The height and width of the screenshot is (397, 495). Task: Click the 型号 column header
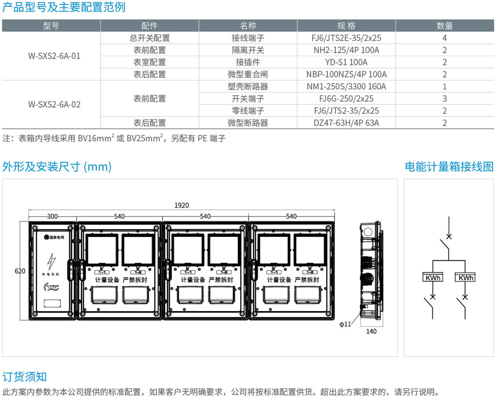pyautogui.click(x=51, y=26)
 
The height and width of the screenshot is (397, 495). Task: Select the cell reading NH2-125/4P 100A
pyautogui.click(x=346, y=50)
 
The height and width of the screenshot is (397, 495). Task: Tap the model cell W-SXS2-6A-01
pyautogui.click(x=54, y=56)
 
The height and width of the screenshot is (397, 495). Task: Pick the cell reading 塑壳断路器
pyautogui.click(x=247, y=86)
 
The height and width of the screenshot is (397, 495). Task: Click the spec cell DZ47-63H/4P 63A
pyautogui.click(x=346, y=123)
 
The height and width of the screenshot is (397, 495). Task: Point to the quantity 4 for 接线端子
pyautogui.click(x=444, y=38)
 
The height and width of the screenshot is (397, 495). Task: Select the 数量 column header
pyautogui.click(x=444, y=26)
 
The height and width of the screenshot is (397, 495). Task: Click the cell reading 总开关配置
pyautogui.click(x=149, y=38)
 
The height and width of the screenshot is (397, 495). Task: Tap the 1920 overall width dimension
pyautogui.click(x=181, y=205)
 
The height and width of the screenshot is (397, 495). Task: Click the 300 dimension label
pyautogui.click(x=52, y=216)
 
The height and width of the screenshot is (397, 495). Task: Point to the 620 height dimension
pyautogui.click(x=20, y=271)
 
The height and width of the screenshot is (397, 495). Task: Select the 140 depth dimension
pyautogui.click(x=371, y=331)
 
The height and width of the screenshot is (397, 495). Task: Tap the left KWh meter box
pyautogui.click(x=432, y=278)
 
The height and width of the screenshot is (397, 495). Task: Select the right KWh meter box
pyautogui.click(x=465, y=278)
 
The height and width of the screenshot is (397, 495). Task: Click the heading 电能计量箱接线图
pyautogui.click(x=449, y=167)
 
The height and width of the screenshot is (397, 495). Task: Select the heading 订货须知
pyautogui.click(x=25, y=377)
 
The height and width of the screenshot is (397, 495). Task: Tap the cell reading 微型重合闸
pyautogui.click(x=247, y=74)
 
